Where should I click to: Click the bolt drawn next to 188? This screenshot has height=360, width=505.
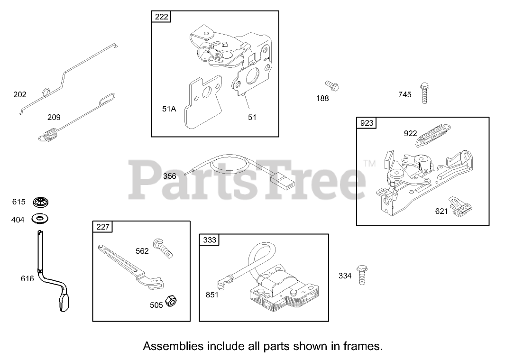[x=331, y=86]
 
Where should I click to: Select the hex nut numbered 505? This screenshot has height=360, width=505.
[x=171, y=301]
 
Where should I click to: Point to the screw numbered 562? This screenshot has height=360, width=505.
[x=163, y=248]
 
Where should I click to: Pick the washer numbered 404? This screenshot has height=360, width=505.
[x=41, y=219]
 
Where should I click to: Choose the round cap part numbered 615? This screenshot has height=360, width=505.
[x=41, y=203]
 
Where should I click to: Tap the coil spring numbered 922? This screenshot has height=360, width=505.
[x=433, y=134]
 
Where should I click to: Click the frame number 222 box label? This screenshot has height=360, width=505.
[x=161, y=17]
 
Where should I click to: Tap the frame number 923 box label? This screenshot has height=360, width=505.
[x=367, y=123]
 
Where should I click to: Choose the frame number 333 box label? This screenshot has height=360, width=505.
[x=209, y=240]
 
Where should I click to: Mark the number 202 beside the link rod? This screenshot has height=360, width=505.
[x=20, y=94]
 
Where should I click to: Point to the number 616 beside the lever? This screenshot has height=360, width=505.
[x=27, y=279]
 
